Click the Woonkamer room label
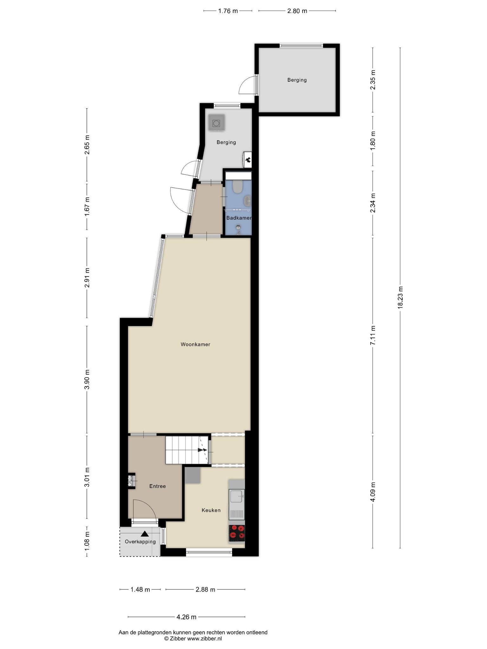point(195,344)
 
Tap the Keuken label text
point(211,510)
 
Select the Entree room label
point(158,486)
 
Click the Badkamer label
point(239,218)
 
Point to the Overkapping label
point(140,542)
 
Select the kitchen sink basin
point(237,496)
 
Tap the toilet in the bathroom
point(237,187)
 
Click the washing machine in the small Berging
point(217,122)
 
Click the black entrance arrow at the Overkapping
point(145,534)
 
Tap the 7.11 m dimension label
point(373,335)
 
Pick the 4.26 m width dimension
point(186,617)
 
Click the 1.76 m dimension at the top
point(228,11)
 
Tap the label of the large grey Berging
point(297,80)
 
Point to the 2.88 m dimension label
point(205,590)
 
